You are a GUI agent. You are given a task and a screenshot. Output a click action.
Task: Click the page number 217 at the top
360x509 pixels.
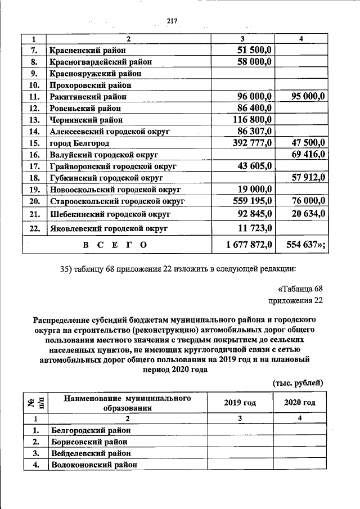pos(172,21)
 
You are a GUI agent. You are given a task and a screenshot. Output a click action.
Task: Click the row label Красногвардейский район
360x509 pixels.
pos(100,62)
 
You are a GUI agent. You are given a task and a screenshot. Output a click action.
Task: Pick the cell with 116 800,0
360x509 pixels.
pos(253,119)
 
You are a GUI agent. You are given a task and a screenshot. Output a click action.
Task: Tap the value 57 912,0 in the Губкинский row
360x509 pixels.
pos(308,178)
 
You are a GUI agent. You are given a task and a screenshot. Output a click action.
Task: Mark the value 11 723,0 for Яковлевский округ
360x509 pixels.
pos(255,228)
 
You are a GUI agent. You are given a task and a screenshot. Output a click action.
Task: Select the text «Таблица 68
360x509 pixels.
pos(301,289)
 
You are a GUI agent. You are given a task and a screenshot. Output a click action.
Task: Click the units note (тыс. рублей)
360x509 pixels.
pos(298,382)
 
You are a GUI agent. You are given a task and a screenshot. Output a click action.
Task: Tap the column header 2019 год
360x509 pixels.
pos(240,403)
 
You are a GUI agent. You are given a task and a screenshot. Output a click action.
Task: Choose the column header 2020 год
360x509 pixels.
pos(299,403)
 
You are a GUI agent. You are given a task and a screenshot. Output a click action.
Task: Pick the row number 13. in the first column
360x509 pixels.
pos(34,120)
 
